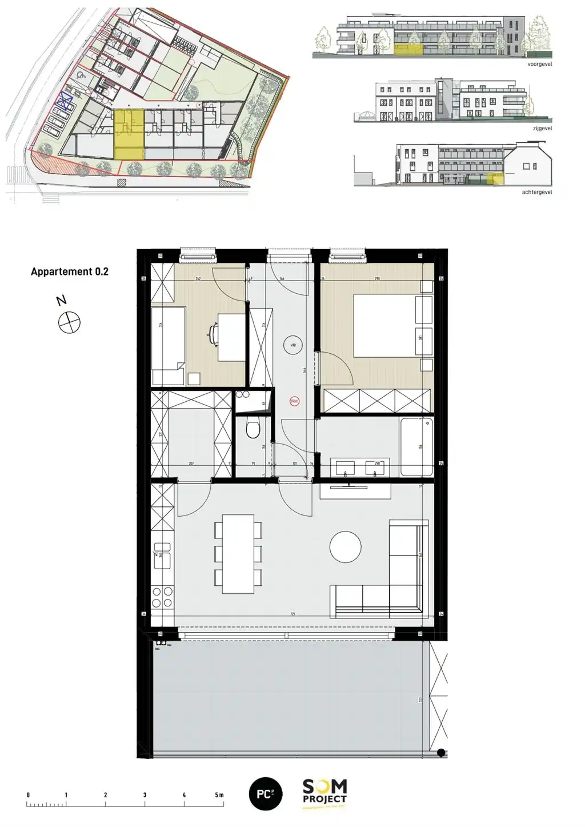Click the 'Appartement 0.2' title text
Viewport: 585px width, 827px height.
click(69, 271)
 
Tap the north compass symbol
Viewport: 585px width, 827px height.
click(69, 322)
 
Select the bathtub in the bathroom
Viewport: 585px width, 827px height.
click(416, 446)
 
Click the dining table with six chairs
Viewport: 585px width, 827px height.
click(238, 554)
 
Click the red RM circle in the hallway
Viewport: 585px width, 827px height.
click(294, 401)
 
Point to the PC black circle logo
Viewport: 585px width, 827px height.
click(266, 794)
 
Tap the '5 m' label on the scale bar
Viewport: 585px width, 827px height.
click(219, 795)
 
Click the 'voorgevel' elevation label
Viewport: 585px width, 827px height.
click(540, 65)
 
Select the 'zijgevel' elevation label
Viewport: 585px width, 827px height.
click(542, 129)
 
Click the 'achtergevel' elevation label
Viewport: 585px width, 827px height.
click(537, 193)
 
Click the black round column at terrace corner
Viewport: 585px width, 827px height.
click(441, 752)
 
